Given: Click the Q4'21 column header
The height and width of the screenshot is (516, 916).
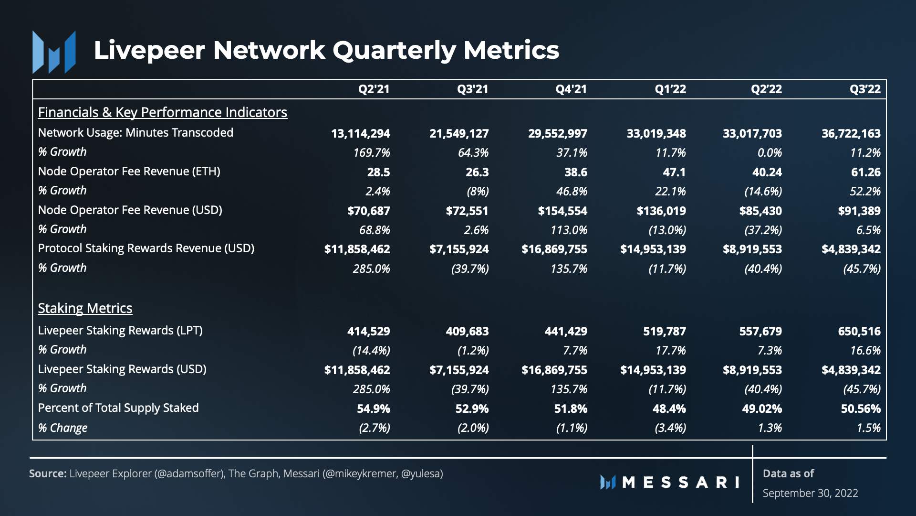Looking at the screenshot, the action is [571, 89].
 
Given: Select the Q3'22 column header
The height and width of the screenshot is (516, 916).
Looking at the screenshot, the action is [865, 89].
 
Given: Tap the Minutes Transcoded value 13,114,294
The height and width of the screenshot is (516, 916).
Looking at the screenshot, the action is [360, 134].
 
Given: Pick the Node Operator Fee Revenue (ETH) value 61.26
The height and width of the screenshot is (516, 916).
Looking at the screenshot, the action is [866, 172].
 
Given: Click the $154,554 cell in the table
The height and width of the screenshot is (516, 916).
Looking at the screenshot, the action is [562, 211].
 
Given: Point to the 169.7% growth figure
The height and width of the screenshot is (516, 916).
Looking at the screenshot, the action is [372, 153].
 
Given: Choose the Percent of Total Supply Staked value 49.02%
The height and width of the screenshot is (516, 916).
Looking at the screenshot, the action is [762, 409].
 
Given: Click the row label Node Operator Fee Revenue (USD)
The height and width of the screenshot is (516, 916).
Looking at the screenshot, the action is [130, 210].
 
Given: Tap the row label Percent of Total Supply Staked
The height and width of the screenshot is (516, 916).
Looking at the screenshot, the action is [118, 408].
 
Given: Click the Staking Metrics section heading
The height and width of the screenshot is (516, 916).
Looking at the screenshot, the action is [85, 309].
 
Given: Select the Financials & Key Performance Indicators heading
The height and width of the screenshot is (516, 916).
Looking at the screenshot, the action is [163, 113].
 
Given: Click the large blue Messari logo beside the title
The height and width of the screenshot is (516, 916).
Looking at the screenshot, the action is [54, 52].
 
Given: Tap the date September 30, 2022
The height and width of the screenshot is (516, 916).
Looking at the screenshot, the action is [810, 494].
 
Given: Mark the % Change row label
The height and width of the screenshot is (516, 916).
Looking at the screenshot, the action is [62, 428].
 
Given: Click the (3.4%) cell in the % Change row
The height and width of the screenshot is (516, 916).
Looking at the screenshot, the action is [670, 428].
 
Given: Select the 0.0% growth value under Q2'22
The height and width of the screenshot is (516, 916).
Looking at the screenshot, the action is [770, 153].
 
